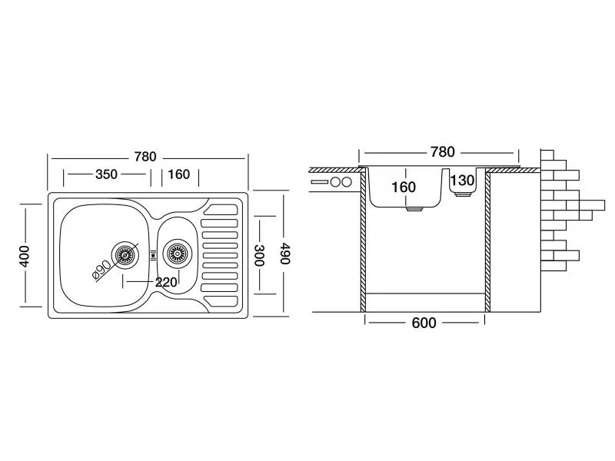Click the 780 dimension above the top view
(145, 157)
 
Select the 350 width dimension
(106, 174)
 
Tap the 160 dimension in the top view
(178, 174)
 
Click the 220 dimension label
(166, 282)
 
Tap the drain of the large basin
(124, 253)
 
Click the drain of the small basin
(177, 253)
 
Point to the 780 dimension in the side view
(442, 152)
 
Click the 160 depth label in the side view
(403, 187)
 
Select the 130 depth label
(462, 181)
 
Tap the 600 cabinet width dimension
(423, 323)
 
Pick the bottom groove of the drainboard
(221, 296)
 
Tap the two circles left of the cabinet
(340, 183)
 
